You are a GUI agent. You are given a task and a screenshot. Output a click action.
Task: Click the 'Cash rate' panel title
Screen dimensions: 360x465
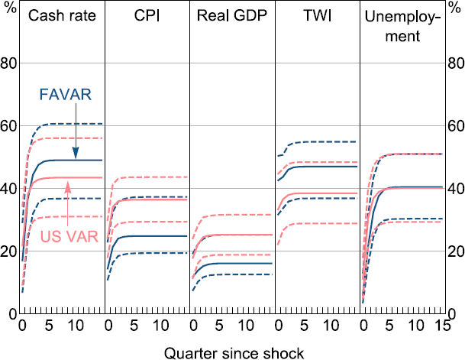pyautogui.click(x=62, y=17)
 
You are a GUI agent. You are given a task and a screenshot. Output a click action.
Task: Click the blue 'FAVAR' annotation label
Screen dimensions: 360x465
pyautogui.click(x=66, y=96)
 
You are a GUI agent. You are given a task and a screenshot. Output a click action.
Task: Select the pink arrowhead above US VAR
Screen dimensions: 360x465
pyautogui.click(x=69, y=183)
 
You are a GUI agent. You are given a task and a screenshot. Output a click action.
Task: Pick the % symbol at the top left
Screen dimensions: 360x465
pyautogui.click(x=9, y=13)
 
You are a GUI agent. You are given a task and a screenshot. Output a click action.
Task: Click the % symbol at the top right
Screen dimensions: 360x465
pyautogui.click(x=455, y=13)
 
